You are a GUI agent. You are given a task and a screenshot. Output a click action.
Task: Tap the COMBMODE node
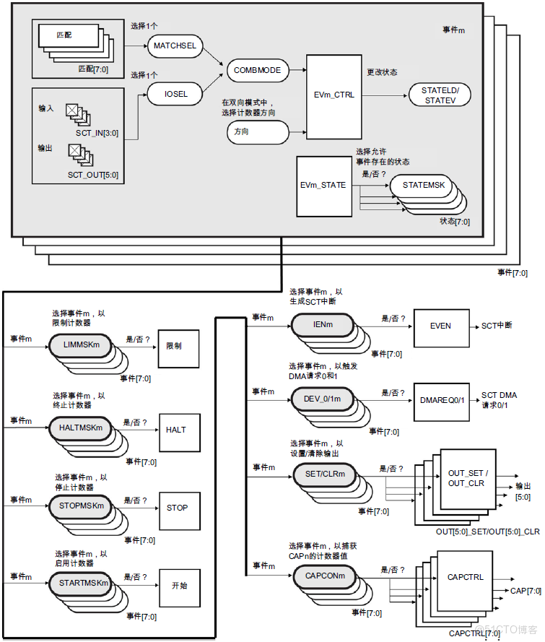(257, 70)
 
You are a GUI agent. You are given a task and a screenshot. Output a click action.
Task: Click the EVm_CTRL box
(334, 95)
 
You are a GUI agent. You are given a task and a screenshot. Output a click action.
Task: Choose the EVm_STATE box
(323, 185)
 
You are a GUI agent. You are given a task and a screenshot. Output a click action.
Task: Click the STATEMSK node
(424, 186)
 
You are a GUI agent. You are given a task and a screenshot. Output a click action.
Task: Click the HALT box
(176, 430)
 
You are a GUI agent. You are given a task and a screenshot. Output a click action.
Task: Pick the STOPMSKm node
(81, 506)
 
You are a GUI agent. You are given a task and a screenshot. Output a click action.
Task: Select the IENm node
(322, 325)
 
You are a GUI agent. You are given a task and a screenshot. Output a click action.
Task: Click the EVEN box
(440, 326)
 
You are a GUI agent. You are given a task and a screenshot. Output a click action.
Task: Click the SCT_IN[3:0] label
(97, 134)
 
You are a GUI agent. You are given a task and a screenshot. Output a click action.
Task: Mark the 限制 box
(173, 346)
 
